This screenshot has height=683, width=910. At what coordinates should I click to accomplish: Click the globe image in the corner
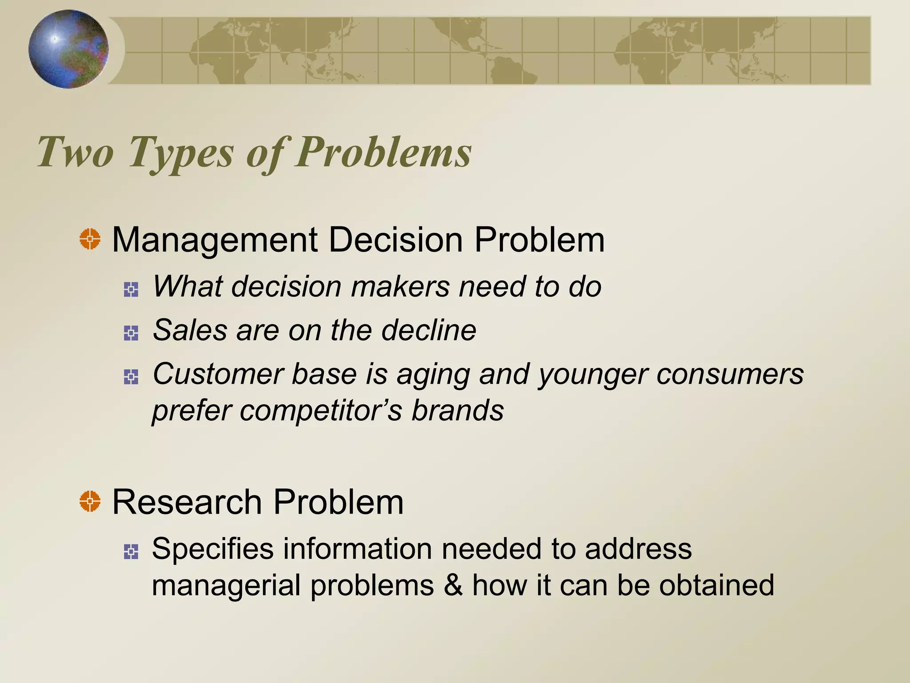click(x=68, y=49)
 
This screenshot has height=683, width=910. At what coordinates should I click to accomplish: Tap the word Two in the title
click(x=76, y=153)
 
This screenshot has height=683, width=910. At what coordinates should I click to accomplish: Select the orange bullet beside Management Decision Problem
click(x=90, y=239)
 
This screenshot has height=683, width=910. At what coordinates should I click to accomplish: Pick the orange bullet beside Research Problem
click(x=90, y=501)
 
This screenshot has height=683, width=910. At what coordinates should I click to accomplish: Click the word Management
click(x=215, y=240)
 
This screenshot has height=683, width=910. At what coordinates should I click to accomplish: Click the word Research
click(x=187, y=502)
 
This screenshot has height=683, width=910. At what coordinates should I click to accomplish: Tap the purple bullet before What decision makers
click(x=131, y=289)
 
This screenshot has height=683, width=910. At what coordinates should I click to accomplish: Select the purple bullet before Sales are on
click(x=131, y=333)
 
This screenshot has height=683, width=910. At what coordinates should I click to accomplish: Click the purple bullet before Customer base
click(x=131, y=377)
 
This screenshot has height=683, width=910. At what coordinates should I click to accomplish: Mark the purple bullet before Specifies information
click(x=131, y=552)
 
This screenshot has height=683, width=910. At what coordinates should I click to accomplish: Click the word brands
click(x=458, y=410)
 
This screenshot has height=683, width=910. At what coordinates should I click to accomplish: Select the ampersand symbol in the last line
click(x=453, y=585)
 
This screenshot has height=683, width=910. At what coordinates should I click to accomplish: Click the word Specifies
click(x=213, y=549)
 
